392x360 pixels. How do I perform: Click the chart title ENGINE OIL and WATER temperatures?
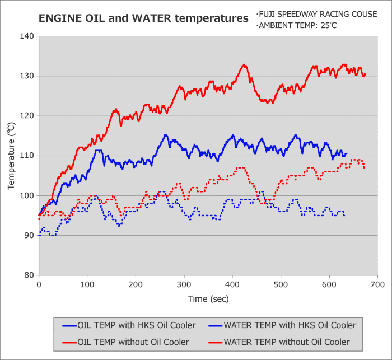(143, 18)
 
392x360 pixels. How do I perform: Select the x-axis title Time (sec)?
(208, 299)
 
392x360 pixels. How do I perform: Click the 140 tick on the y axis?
(27, 36)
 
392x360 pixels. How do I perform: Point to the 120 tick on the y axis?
(27, 116)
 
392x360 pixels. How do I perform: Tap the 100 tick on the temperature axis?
(27, 195)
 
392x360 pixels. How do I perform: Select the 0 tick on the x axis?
(39, 285)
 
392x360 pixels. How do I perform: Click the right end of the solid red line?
(365, 74)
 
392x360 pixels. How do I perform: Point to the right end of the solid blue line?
(347, 153)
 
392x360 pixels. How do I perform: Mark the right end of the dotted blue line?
(344, 216)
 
